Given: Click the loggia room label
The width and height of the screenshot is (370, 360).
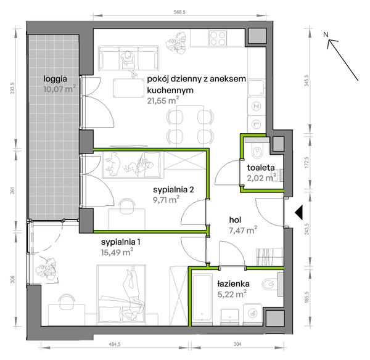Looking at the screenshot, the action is pos(55,79).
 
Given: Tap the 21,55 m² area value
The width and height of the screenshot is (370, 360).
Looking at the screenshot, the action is pos(163,100).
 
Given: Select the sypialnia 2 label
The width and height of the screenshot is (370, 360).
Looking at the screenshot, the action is pos(173,189).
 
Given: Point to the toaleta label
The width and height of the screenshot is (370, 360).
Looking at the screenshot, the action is pos(261,168).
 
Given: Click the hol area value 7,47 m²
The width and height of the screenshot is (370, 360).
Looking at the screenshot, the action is pos(243,230).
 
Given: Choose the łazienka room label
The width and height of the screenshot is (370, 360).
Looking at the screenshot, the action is pos(233,284).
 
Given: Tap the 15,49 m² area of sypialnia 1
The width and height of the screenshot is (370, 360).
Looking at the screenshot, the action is pos(117,252).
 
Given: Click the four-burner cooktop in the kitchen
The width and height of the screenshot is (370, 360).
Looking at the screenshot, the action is pos(218,38).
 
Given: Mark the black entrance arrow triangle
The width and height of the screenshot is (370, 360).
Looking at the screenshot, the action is pos(298,212).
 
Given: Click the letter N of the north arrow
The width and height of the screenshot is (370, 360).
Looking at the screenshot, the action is pos(326,35).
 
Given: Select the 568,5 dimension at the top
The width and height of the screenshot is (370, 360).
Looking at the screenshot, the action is pos(180,12).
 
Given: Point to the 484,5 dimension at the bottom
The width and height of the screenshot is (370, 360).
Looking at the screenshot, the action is pos(115,344).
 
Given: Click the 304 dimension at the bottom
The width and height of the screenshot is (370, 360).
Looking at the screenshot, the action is pos(237,344).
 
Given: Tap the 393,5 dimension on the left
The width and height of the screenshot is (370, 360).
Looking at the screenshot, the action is pos(13,88).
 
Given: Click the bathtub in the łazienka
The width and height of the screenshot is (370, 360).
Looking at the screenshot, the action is pos(202,298).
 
